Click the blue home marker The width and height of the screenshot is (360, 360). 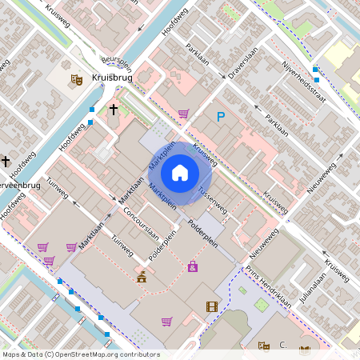tap(180, 172)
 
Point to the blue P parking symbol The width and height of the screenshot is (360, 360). tap(222, 117)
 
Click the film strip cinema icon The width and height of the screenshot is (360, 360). tap(211, 306)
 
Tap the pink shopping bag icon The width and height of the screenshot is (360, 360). tap(192, 266)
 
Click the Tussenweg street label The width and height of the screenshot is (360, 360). tap(211, 202)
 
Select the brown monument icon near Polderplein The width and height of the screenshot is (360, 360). tap(142, 277)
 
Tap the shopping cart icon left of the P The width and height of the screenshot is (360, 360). tap(183, 114)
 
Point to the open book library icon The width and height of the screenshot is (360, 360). tap(304, 350)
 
